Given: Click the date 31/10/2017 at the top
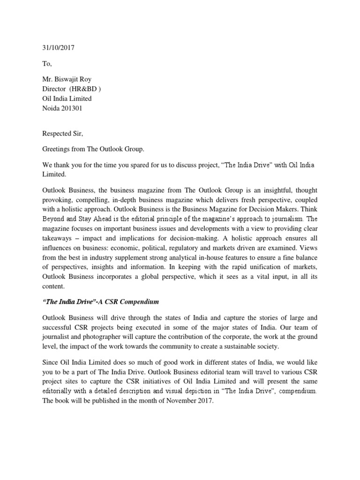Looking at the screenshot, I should coord(55,48).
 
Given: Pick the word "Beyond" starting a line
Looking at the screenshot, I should coord(49,209).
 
